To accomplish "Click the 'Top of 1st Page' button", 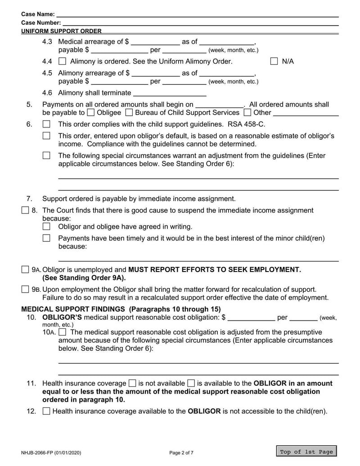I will click(306, 452).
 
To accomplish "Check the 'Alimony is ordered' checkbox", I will click(63, 62).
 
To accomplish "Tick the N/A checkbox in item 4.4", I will click(274, 62).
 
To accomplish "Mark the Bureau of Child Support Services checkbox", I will click(129, 113).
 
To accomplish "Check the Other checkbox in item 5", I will click(247, 113).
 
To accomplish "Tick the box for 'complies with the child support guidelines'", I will click(46, 124).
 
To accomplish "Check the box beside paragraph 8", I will click(25, 210).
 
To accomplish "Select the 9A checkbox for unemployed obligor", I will click(25, 270).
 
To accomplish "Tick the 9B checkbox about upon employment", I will click(25, 289).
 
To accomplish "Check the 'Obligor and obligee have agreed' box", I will click(46, 226).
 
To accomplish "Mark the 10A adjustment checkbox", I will click(63, 332).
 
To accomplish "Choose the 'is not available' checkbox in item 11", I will click(132, 384).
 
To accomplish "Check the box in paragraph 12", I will click(46, 411).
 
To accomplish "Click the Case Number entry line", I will click(200, 23).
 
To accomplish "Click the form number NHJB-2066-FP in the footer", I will click(51, 452).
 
